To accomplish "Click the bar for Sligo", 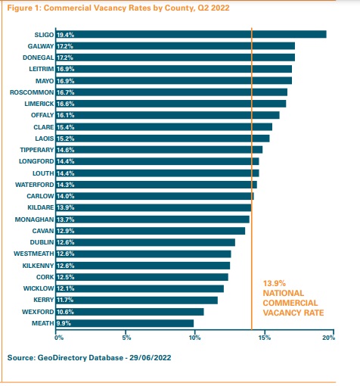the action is click(x=191, y=34).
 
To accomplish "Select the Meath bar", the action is click(x=125, y=323).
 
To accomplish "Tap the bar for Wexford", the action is click(x=130, y=312).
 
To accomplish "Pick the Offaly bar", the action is click(x=168, y=115).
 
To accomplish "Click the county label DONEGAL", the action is click(x=39, y=58).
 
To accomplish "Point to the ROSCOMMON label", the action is click(x=32, y=92).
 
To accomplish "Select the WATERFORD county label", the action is click(x=35, y=185).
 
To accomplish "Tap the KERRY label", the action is click(x=44, y=300).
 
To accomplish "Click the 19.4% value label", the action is click(x=66, y=35).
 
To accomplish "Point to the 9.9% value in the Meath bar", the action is click(x=64, y=323).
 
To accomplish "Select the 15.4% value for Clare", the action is click(x=66, y=127).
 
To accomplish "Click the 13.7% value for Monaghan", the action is click(x=66, y=219).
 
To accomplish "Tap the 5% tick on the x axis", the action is click(x=126, y=338).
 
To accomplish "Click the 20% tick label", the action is click(x=328, y=338).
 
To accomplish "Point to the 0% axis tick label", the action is click(x=59, y=338).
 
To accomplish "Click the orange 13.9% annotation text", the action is click(x=275, y=283).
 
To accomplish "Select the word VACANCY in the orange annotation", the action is click(x=280, y=313).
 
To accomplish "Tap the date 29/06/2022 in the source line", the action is click(x=151, y=358).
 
